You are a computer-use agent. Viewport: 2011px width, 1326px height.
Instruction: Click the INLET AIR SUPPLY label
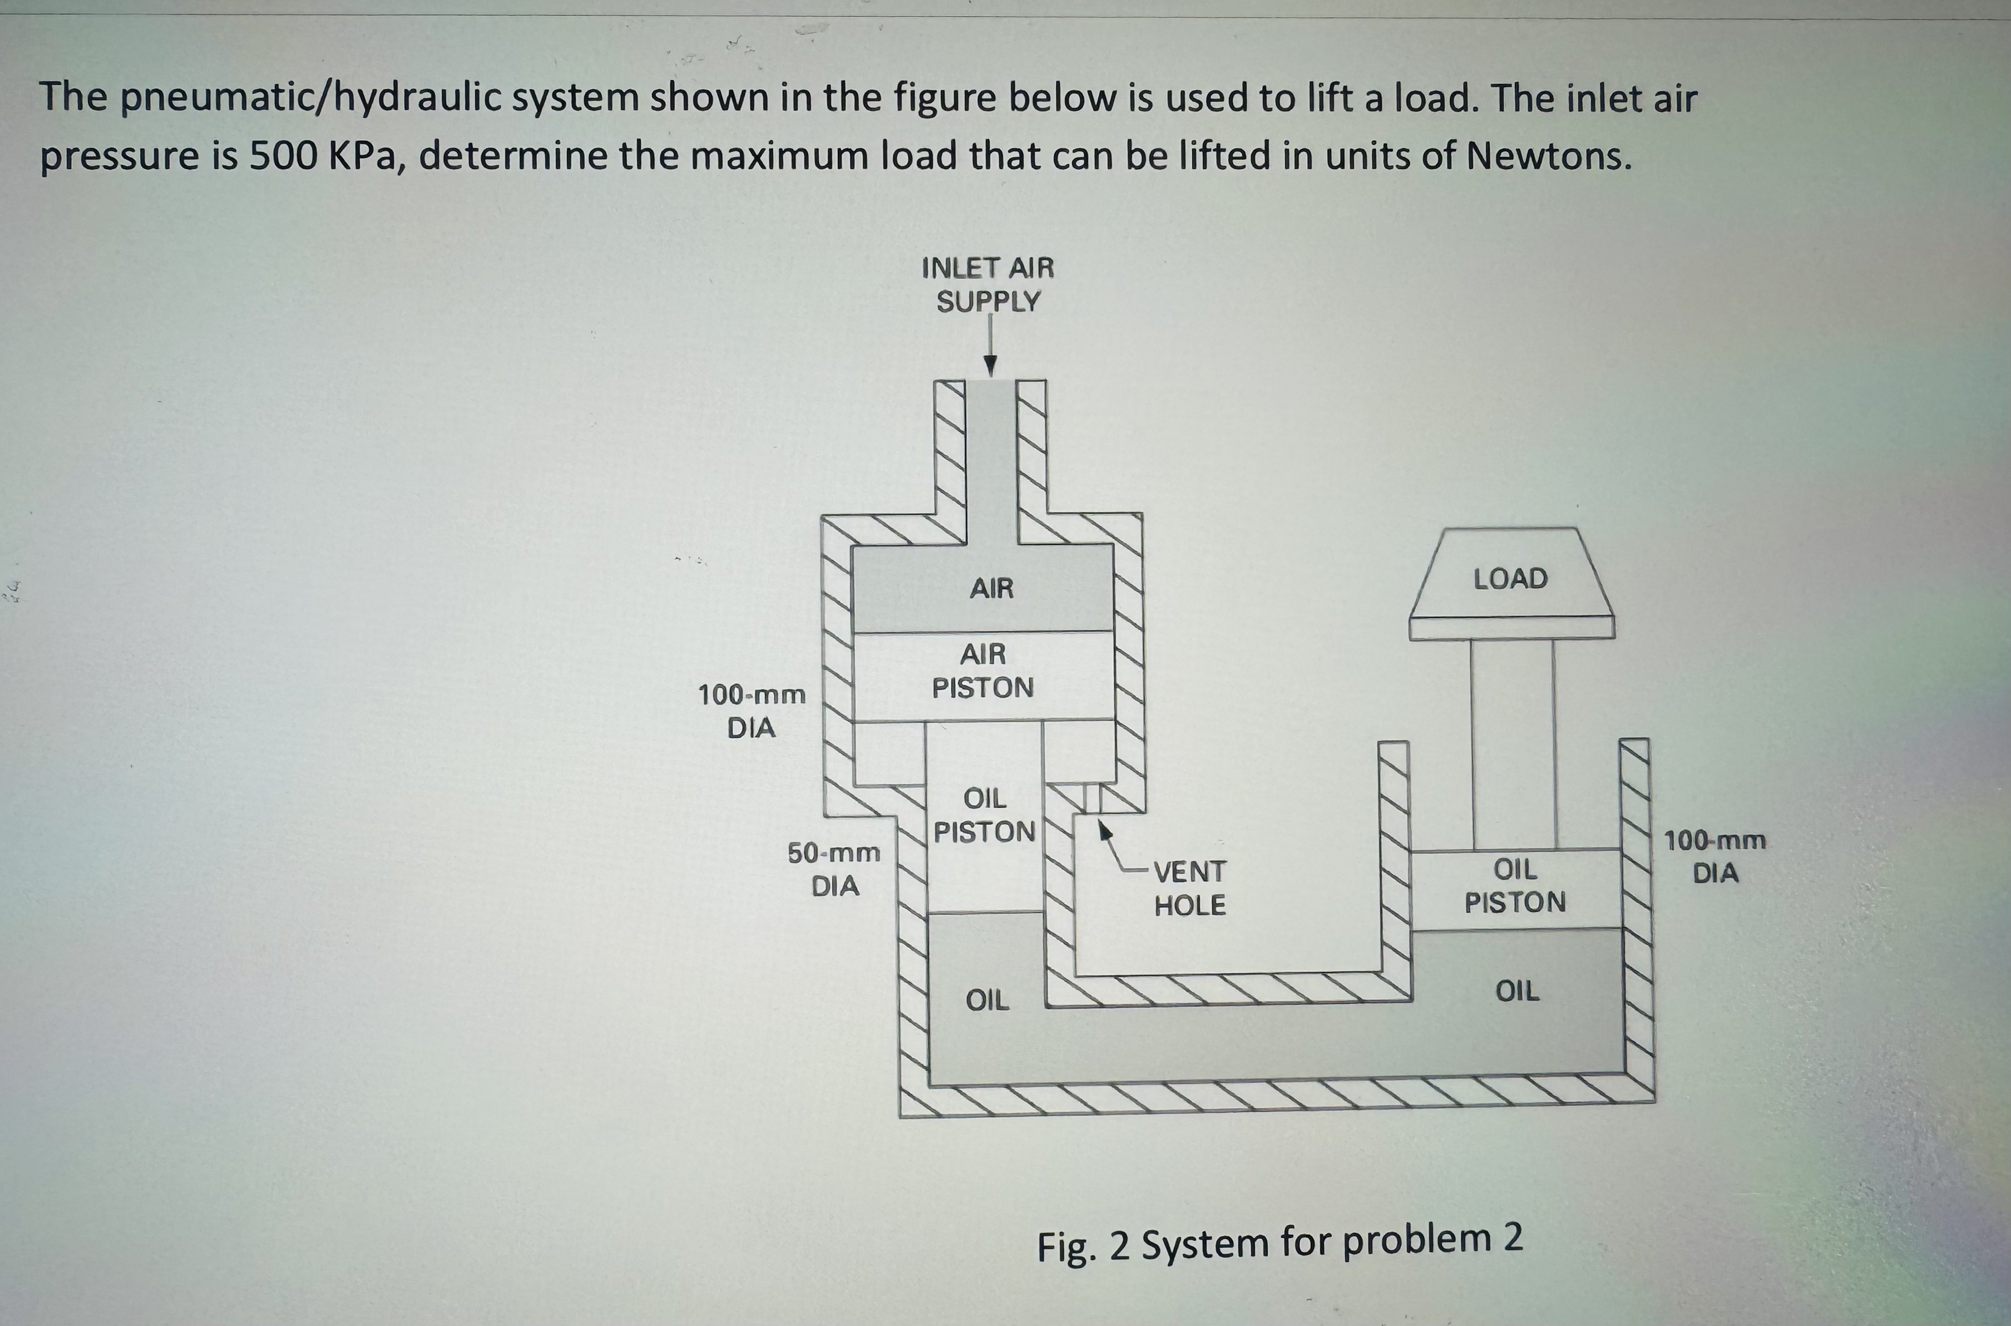(987, 285)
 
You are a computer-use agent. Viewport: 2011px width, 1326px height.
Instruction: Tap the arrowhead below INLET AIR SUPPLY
(990, 366)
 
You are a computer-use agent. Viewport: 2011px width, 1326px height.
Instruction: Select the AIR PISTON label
(983, 671)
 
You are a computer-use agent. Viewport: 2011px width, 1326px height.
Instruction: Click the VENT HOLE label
(1189, 888)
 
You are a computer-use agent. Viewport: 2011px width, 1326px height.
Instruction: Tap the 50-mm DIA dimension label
(834, 869)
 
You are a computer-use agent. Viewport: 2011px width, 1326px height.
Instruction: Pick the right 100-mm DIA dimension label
(1715, 857)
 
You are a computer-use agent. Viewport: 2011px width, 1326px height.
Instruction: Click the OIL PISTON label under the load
(1515, 885)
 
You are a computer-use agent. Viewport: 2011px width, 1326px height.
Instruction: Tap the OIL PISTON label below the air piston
(985, 815)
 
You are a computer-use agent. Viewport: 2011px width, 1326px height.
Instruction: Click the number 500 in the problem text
(283, 156)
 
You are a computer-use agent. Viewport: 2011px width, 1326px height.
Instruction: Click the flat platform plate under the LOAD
(1511, 628)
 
